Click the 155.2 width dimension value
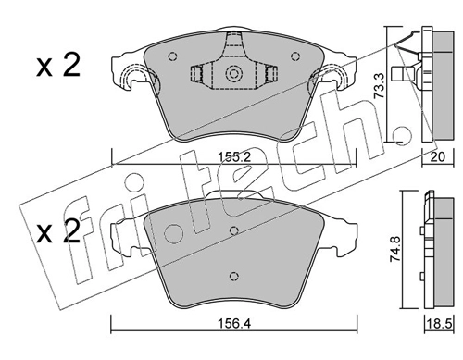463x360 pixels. pos(234,157)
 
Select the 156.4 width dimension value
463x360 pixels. pos(234,324)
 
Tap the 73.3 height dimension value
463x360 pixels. pos(379,86)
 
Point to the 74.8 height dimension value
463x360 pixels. pos(395,249)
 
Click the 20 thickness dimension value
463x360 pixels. pos(438,157)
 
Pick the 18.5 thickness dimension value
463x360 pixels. pos(440,324)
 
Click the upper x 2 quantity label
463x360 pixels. pos(58,66)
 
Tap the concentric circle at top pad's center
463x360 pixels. pos(233,74)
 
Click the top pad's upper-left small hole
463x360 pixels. pos(172,56)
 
